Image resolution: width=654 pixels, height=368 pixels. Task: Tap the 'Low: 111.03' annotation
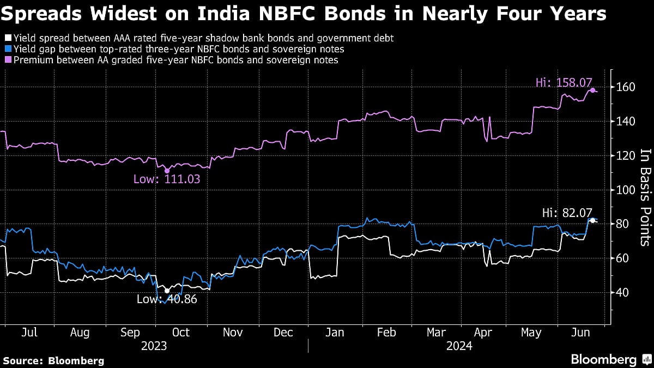click(163, 179)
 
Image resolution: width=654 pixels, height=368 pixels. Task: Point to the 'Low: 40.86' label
click(167, 299)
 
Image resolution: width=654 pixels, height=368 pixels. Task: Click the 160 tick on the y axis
click(624, 87)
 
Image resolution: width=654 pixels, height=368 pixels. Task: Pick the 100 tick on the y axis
click(624, 190)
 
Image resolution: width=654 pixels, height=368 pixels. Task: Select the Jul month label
click(31, 332)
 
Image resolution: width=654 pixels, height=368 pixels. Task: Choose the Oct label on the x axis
click(181, 332)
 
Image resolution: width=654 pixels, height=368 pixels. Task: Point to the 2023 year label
click(154, 346)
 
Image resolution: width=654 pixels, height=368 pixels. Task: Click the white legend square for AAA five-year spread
click(7, 38)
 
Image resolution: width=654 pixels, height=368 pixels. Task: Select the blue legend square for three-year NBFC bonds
click(7, 49)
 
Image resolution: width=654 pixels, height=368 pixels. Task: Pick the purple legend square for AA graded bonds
click(7, 60)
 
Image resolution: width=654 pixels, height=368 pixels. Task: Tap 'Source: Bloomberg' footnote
click(53, 360)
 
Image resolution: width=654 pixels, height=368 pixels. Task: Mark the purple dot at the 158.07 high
click(592, 90)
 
